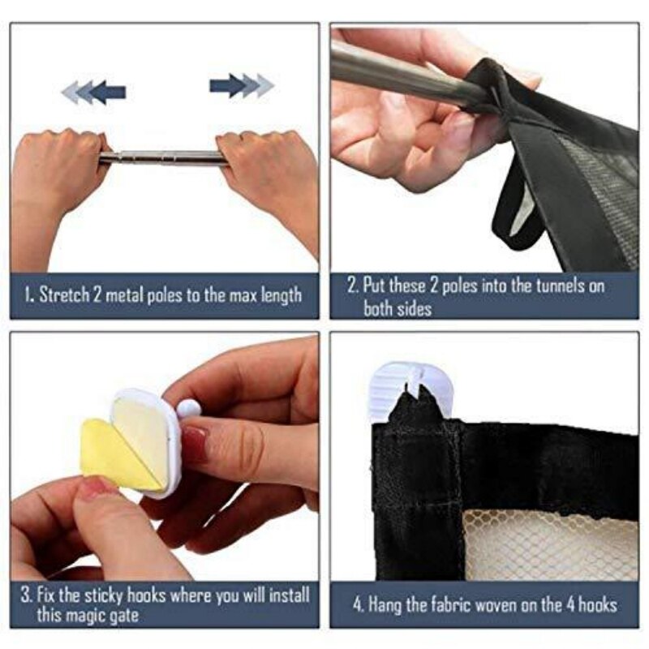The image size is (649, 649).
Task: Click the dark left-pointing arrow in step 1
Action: [x=107, y=92]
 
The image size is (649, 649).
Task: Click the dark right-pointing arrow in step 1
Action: [x=229, y=86]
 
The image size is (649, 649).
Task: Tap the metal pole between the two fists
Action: [x=163, y=158]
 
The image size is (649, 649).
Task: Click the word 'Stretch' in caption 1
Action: [x=64, y=294]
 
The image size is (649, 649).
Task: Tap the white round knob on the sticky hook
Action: [x=189, y=409]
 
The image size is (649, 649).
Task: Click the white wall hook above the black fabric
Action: [x=409, y=389]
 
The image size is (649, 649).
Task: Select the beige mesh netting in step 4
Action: [x=550, y=545]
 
